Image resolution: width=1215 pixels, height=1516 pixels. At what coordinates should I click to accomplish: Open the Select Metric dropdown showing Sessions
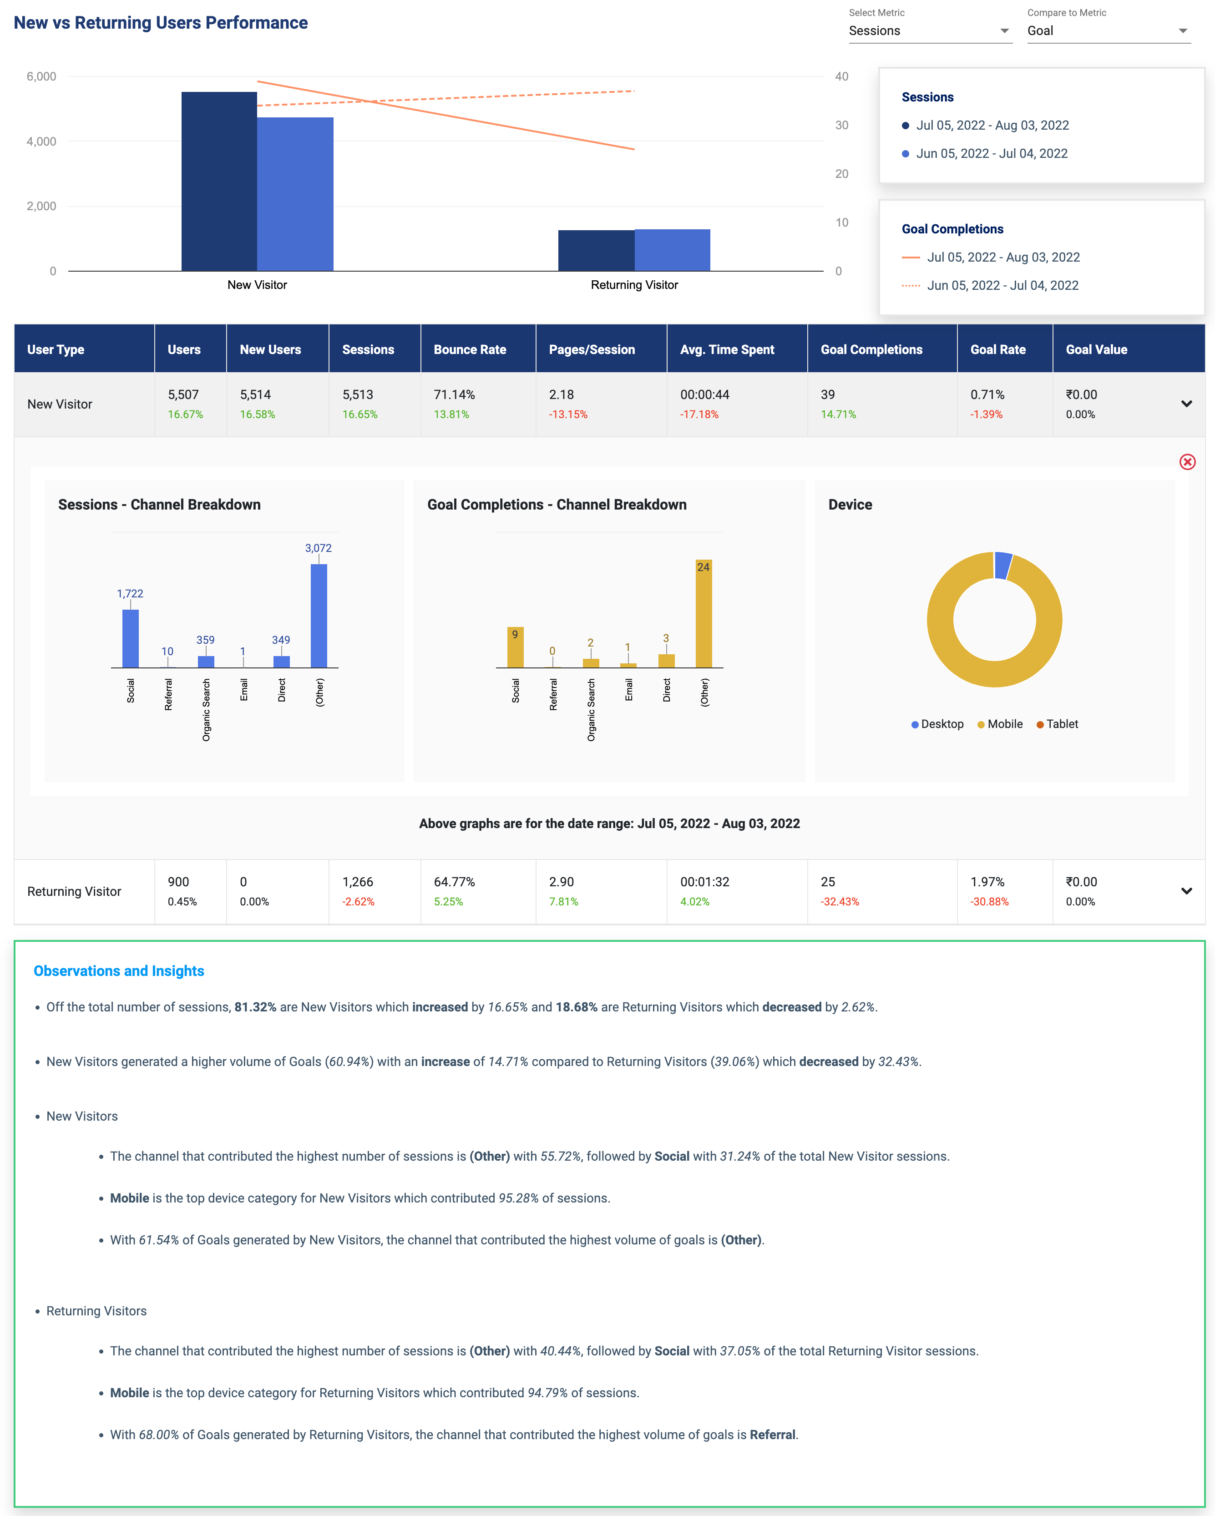930,31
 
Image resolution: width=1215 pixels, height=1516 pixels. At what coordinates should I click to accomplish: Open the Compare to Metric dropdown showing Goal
1108,31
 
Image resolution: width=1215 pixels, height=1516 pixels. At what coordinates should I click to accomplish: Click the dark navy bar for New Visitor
219,182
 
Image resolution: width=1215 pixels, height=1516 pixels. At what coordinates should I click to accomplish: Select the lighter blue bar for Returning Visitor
672,250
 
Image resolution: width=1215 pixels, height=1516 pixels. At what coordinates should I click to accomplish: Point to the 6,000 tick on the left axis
41,76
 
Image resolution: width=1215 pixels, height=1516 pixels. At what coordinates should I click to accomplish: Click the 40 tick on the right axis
842,76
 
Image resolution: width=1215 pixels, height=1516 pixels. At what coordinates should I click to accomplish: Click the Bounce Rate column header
470,349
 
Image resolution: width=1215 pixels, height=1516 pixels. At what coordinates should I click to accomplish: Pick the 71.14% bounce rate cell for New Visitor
454,394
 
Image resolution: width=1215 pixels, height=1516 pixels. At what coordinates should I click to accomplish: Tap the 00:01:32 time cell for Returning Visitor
704,882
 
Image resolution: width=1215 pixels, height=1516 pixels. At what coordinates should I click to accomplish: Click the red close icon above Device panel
1187,462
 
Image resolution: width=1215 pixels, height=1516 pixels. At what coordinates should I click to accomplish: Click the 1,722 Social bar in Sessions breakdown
130,638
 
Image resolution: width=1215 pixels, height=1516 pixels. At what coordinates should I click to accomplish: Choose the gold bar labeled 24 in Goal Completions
703,613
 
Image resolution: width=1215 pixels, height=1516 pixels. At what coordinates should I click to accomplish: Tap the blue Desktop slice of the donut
1002,566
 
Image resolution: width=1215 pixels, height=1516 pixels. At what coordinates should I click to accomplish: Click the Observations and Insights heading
119,971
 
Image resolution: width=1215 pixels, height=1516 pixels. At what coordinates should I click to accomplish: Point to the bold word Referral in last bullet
772,1435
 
